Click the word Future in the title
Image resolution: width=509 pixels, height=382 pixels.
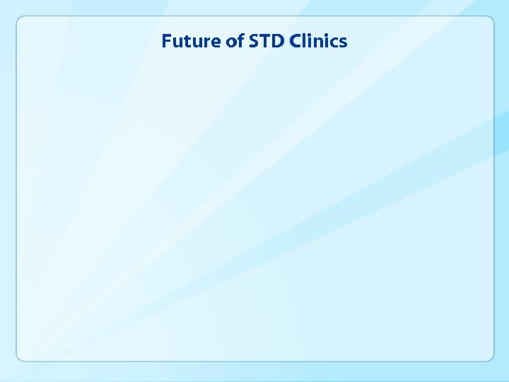click(x=192, y=41)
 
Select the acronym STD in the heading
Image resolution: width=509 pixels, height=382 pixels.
click(x=266, y=41)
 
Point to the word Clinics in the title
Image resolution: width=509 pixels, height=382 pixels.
click(x=317, y=41)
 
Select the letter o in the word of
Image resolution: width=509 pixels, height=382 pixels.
click(x=231, y=42)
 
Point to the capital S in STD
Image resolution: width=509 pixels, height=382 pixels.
click(x=253, y=41)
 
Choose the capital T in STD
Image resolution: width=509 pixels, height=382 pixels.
click(x=264, y=41)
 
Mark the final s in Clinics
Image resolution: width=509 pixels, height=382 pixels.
click(x=343, y=42)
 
